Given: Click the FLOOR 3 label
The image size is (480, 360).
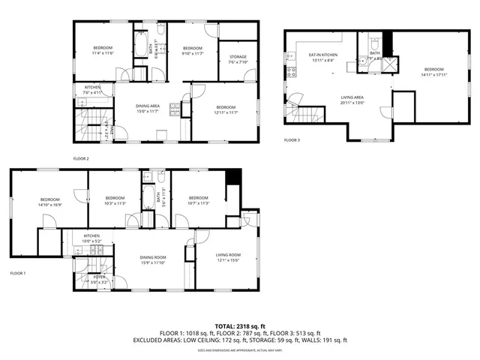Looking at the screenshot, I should click(x=292, y=140).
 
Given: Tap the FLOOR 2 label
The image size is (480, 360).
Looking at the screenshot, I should click(x=81, y=159).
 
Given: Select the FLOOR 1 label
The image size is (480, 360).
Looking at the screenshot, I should click(x=17, y=273).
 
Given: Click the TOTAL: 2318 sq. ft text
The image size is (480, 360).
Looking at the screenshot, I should click(x=240, y=326).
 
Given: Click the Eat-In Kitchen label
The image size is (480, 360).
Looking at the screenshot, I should click(x=322, y=58).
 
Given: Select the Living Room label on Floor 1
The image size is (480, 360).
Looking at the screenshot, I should click(x=228, y=258).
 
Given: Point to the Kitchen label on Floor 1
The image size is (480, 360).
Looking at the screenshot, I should click(x=91, y=238).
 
